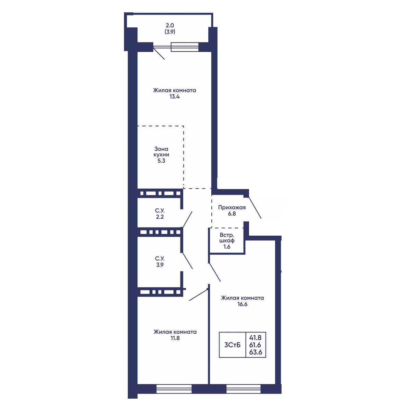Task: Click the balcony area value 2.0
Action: pos(170,25)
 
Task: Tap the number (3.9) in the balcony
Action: pos(170,32)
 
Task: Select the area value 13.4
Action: pos(174,97)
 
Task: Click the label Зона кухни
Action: pos(161,152)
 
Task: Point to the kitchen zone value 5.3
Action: pos(161,161)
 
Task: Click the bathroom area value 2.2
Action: pos(160,217)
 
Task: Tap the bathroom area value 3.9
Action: pos(160,265)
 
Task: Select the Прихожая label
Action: pos(232,207)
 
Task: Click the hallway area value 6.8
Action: pos(232,213)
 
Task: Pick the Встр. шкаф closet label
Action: pos(227,238)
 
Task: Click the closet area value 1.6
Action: pos(227,247)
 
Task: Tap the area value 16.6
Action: pos(242,304)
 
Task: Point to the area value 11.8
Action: pos(175,338)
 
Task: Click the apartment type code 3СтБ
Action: pos(232,345)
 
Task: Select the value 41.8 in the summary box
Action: pos(255,338)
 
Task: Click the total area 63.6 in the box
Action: pos(256,352)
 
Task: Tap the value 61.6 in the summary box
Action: pos(255,345)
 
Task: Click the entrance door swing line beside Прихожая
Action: pos(255,207)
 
